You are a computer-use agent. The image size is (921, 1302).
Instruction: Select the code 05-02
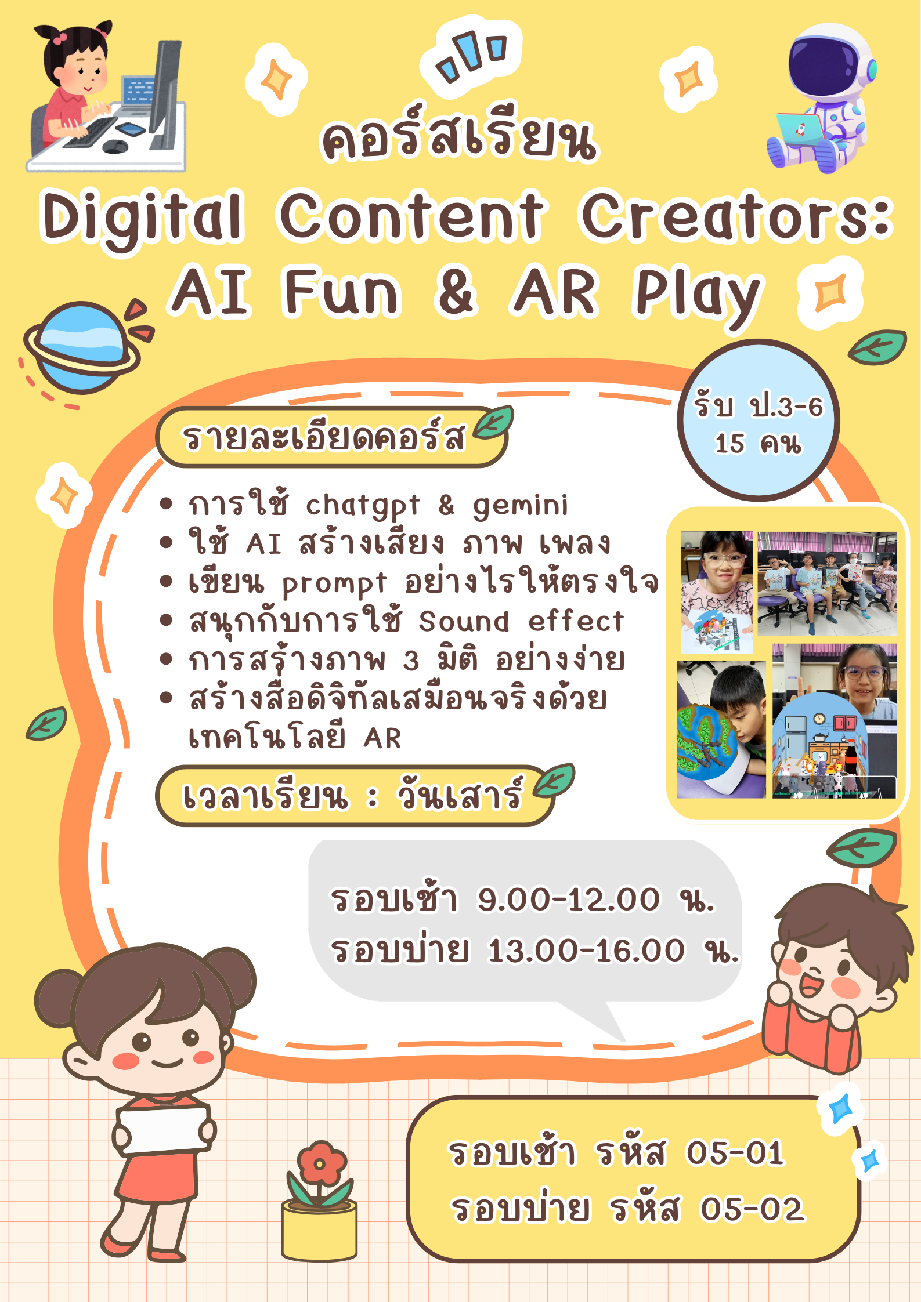pyautogui.click(x=752, y=1209)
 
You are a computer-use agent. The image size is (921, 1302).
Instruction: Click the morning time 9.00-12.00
pyautogui.click(x=569, y=899)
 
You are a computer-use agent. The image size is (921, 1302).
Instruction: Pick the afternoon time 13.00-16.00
pyautogui.click(x=586, y=950)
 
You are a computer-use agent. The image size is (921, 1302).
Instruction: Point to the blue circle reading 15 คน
pyautogui.click(x=759, y=420)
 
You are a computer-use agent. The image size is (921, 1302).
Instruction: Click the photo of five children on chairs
pyautogui.click(x=827, y=583)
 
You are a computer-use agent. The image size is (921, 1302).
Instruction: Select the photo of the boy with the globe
pyautogui.click(x=721, y=730)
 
